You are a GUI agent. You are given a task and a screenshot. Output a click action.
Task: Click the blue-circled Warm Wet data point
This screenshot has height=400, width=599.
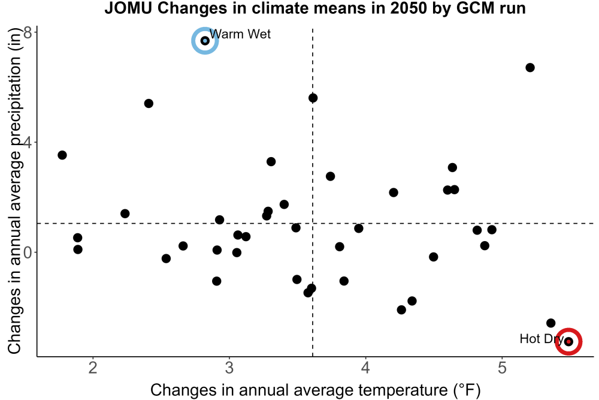205,41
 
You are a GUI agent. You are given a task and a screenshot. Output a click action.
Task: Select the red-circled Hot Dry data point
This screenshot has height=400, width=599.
568,341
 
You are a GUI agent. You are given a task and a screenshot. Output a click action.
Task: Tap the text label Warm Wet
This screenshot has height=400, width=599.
240,34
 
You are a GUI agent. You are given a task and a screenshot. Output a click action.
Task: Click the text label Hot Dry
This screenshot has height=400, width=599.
541,339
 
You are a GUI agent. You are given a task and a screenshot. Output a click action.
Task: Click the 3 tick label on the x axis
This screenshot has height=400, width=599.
229,368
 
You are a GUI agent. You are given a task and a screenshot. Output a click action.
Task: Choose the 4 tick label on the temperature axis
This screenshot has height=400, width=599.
365,368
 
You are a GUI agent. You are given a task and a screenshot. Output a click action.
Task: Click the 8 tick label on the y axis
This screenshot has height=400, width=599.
28,33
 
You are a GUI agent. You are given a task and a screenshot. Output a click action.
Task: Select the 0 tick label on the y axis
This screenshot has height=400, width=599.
28,252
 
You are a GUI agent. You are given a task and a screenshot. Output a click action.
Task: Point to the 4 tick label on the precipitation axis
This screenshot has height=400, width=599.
28,143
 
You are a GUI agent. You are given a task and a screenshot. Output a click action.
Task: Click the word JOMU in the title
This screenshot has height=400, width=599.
129,8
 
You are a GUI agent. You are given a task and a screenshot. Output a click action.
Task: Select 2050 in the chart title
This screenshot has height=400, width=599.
408,8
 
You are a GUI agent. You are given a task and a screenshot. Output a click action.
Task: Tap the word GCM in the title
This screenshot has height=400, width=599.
475,8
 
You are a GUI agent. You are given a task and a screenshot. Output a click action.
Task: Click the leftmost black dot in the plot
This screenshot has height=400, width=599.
62,155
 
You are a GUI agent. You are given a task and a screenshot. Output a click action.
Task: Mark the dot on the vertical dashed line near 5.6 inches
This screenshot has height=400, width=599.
313,98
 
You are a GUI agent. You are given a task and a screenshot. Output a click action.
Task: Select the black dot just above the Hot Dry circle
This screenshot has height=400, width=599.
550,323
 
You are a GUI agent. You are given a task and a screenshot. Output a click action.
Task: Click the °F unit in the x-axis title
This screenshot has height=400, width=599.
467,390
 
